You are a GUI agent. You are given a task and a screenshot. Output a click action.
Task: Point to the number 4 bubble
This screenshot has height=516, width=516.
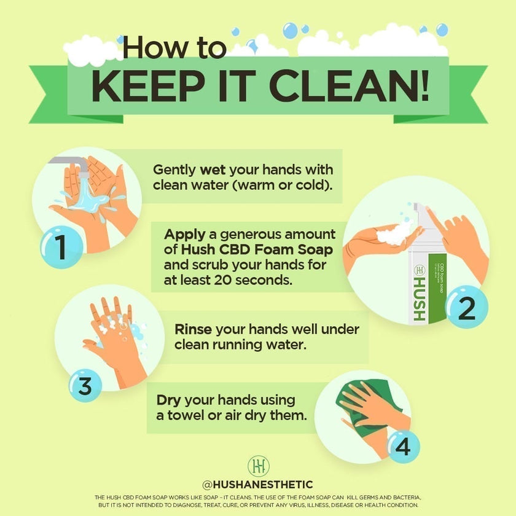(402, 447)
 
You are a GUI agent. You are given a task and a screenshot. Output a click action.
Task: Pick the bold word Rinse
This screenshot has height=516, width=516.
(195, 329)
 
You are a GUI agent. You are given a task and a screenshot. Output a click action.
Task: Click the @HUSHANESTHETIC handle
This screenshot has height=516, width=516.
(257, 485)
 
